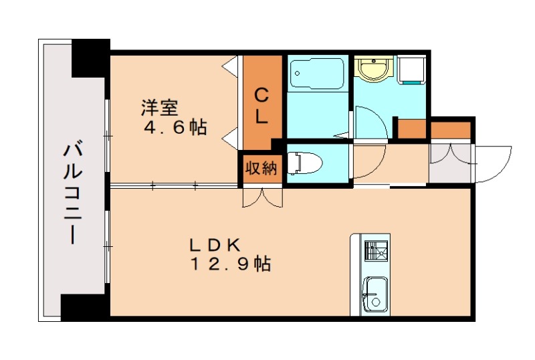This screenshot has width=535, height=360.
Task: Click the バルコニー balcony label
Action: tap(73, 194)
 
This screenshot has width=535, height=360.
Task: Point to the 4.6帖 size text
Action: tap(175, 127)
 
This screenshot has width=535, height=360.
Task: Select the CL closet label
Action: tap(261, 105)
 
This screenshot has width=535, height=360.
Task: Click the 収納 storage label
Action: tap(260, 168)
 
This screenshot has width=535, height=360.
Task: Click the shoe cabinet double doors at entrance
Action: tap(449, 154)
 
